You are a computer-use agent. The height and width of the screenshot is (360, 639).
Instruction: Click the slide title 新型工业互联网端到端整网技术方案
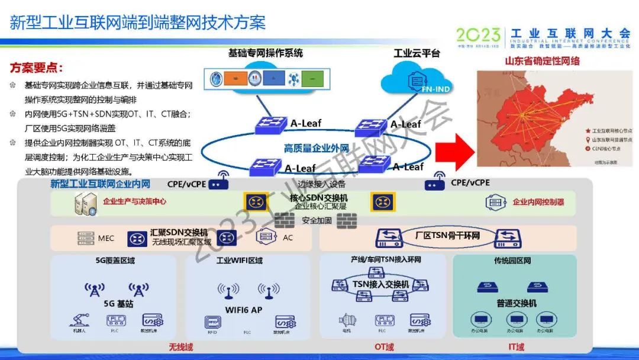coord(138,22)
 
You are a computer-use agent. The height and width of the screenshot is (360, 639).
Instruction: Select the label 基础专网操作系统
coord(266,53)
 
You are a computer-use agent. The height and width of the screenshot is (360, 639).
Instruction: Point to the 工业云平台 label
coord(417,54)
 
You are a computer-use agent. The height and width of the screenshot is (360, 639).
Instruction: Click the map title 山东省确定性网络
coord(542,61)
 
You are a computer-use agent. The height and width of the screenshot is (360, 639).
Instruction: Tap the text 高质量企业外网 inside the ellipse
coord(316,148)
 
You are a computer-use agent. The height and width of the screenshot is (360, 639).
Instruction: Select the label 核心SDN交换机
coord(319,198)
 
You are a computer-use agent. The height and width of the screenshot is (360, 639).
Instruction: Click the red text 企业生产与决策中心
coord(134,201)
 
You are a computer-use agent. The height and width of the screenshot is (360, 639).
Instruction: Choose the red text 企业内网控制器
coord(538,202)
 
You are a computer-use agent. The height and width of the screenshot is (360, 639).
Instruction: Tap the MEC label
coord(106,238)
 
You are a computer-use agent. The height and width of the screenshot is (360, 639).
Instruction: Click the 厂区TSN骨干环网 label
coord(447,236)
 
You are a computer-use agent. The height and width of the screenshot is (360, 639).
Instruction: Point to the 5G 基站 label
coord(118,304)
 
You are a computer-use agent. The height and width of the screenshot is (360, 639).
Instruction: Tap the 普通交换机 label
coord(517,303)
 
